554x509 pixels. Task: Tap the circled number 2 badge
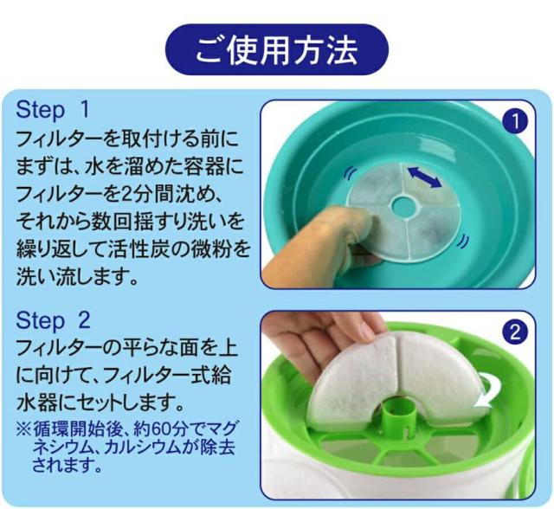pos(515,332)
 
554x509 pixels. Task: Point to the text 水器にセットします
pos(100,401)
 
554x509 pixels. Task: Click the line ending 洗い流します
pos(78,278)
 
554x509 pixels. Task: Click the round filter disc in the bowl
pos(433,212)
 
